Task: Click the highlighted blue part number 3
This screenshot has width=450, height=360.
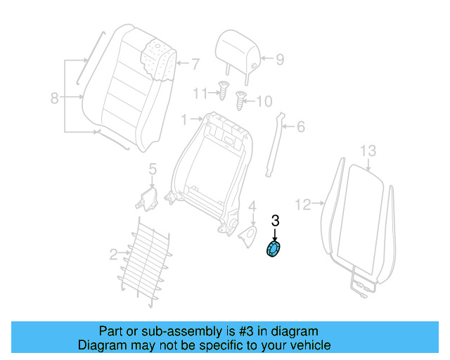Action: coord(272,250)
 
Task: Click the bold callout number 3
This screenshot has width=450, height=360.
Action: coord(275,221)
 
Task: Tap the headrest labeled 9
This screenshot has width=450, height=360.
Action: coord(236,49)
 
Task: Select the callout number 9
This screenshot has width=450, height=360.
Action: coord(279,60)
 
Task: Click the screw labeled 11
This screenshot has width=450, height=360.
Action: coord(222,91)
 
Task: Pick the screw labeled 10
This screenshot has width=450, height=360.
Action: coord(241,100)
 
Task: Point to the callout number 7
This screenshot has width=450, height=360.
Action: coord(195,63)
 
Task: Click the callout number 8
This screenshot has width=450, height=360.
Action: coord(55,98)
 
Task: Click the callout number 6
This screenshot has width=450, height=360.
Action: coord(300,127)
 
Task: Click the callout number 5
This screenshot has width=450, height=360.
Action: coord(152,169)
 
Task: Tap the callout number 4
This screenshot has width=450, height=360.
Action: coord(251,206)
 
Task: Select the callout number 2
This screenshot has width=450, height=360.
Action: coord(113,254)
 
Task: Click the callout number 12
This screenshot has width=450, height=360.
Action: coord(302,205)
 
